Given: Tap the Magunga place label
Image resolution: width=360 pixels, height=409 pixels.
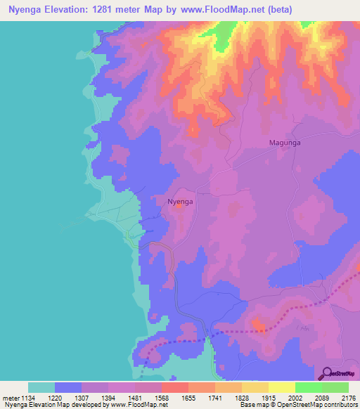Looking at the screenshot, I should tap(286, 143).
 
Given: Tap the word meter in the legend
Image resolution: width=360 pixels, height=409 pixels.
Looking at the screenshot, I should tap(12, 398).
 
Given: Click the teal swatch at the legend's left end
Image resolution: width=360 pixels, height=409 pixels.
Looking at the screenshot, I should tap(41, 387).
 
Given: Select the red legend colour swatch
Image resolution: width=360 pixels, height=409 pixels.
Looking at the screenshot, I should tap(175, 387).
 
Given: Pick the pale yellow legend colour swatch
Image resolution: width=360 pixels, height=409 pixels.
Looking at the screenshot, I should tap(282, 387).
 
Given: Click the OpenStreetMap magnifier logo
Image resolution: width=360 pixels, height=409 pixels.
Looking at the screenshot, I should tap(326, 372).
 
